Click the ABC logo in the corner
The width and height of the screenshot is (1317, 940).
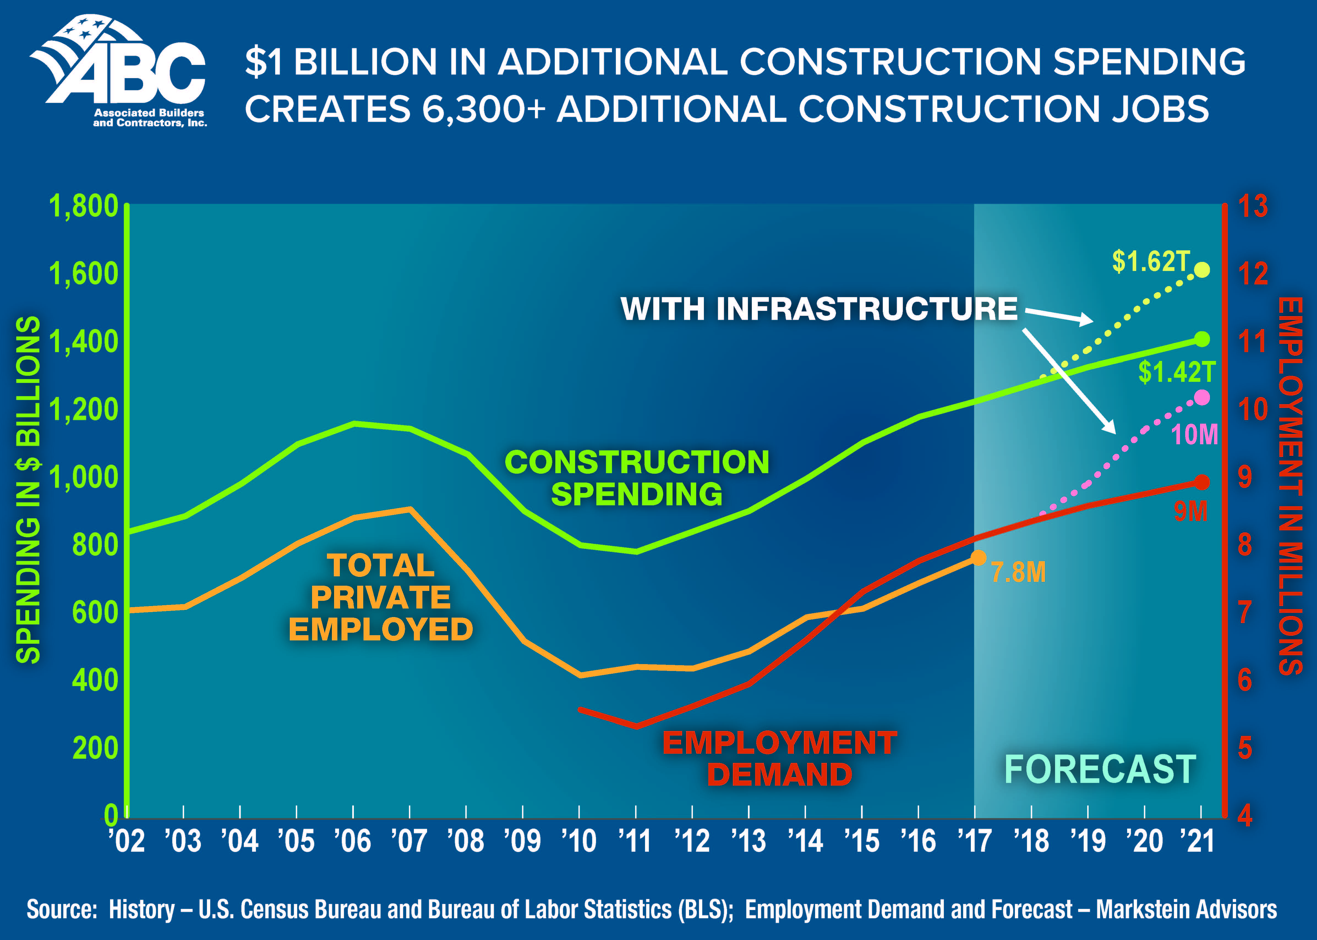point(119,71)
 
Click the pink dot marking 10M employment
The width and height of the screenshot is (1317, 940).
point(1202,398)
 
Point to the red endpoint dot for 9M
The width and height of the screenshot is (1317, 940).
point(1202,482)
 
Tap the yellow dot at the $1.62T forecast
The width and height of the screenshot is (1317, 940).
point(1202,270)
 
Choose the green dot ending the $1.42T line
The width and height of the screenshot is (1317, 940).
point(1202,339)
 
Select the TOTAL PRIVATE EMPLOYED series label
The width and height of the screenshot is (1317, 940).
point(380,597)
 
